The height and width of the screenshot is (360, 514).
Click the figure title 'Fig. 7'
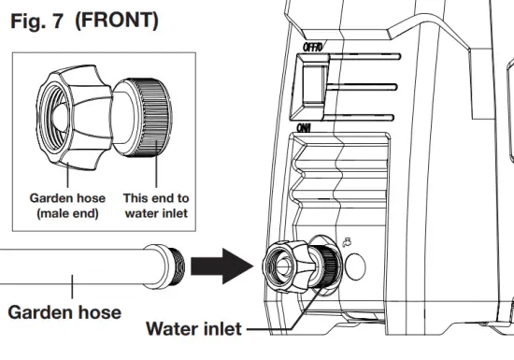coord(36,21)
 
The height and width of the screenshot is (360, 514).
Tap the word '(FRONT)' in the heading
coord(117,21)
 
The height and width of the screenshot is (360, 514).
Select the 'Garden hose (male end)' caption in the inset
coord(67,206)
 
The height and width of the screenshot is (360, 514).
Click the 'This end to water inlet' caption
coord(156,206)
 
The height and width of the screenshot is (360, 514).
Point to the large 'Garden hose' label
coord(64,312)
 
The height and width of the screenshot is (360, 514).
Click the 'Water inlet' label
coord(193,328)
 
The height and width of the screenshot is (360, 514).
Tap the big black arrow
coord(222,266)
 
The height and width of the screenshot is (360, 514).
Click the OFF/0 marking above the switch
coord(313,47)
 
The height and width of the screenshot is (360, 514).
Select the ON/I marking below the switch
coord(304,128)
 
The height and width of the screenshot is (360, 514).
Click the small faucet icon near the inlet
coord(347,242)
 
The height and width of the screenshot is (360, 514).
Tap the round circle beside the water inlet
coord(355,266)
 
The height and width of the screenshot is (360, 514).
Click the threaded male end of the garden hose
coord(177,266)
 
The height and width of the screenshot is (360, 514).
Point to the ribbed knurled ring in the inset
coord(153,117)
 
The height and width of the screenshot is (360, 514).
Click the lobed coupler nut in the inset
coord(74,117)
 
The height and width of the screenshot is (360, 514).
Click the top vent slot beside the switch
coord(364,57)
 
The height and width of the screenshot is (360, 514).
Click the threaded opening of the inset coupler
coord(53,117)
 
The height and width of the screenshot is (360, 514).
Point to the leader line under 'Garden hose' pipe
coord(72,286)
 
